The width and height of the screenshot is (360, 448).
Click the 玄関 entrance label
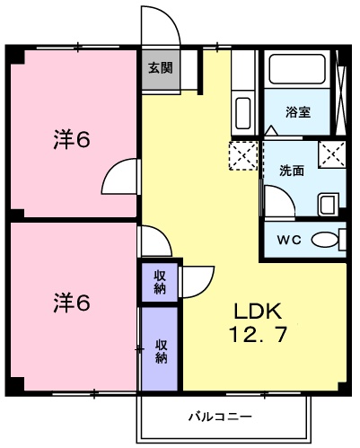(x=161, y=67)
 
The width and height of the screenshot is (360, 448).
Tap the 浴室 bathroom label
(x=298, y=112)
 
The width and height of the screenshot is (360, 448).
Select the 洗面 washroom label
(x=290, y=171)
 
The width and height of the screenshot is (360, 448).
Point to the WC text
(x=288, y=240)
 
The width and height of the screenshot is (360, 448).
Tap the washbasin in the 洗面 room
(x=329, y=204)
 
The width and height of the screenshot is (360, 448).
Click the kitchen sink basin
(x=242, y=114)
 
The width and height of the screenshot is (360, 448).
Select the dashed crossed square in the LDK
(x=243, y=154)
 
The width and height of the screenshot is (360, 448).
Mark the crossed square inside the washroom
(x=333, y=154)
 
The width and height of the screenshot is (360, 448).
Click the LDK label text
(x=259, y=312)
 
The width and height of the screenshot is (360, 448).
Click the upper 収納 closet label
(x=159, y=282)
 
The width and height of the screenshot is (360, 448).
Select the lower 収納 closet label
(x=162, y=350)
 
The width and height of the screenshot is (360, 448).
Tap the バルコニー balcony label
(x=220, y=417)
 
